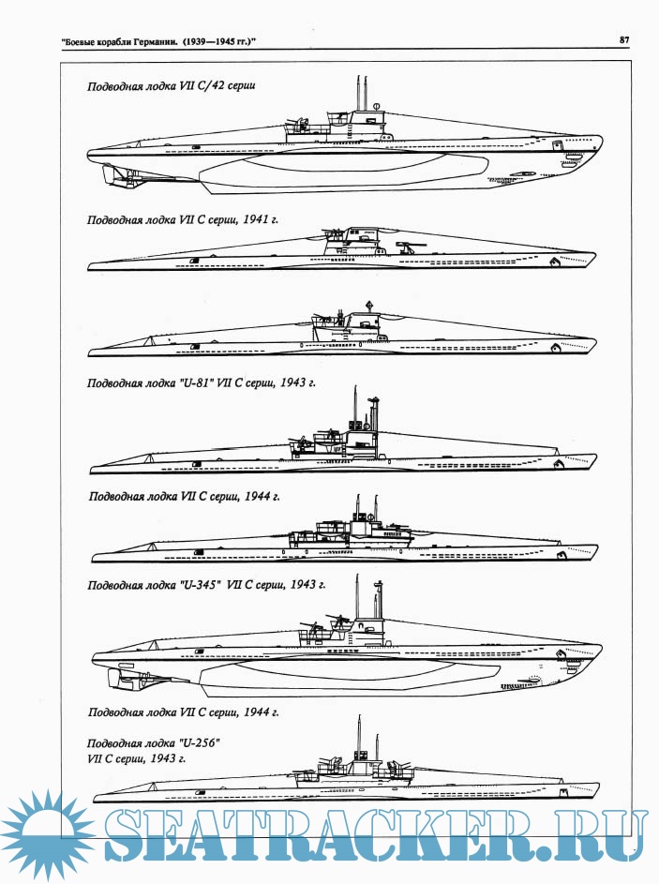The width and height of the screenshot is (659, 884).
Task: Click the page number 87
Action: tap(624, 39)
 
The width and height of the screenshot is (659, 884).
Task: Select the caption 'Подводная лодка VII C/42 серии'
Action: tap(172, 85)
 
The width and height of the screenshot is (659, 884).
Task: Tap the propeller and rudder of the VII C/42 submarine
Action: tap(116, 173)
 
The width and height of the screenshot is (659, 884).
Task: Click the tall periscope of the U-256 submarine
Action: tap(362, 736)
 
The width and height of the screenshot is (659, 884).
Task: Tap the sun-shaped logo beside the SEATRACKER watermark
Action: tap(48, 834)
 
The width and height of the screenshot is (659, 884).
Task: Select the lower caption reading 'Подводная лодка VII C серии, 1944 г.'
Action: tap(184, 712)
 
